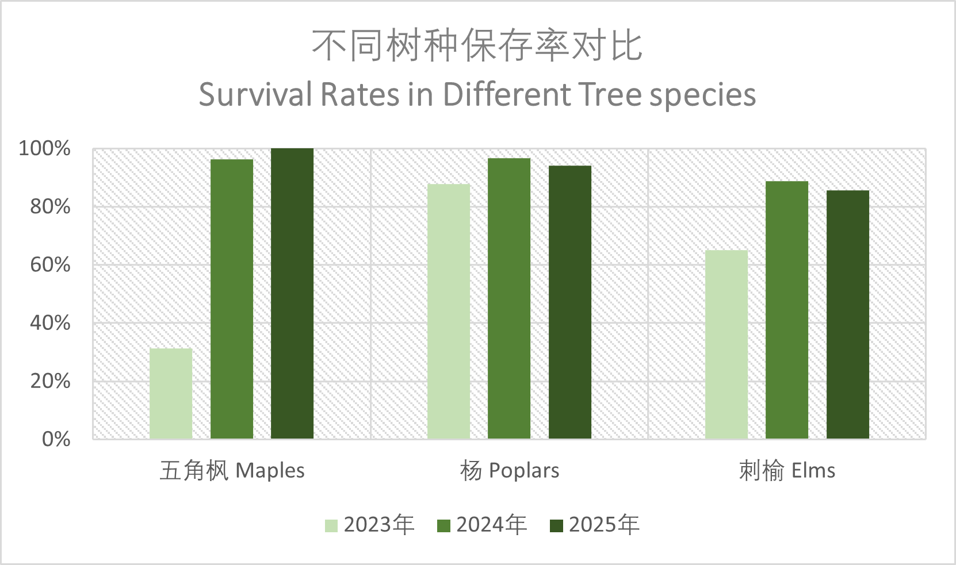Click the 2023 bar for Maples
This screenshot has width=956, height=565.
pyautogui.click(x=171, y=394)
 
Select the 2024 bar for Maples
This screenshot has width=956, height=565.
pyautogui.click(x=232, y=299)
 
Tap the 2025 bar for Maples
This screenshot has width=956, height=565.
pyautogui.click(x=292, y=293)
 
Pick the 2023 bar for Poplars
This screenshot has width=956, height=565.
pyautogui.click(x=449, y=312)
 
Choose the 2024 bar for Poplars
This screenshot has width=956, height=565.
pyautogui.click(x=509, y=299)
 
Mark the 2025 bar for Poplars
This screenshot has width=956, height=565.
pyautogui.click(x=570, y=302)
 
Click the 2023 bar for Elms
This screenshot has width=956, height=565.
pyautogui.click(x=726, y=345)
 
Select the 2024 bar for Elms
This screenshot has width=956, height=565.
pyautogui.click(x=787, y=310)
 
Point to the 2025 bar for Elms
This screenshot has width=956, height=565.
pyautogui.click(x=848, y=315)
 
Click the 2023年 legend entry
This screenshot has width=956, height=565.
pyautogui.click(x=370, y=525)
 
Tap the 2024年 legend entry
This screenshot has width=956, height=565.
pyautogui.click(x=482, y=525)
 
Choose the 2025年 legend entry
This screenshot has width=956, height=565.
pyautogui.click(x=595, y=525)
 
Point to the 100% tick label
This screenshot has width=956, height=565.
pyautogui.click(x=45, y=148)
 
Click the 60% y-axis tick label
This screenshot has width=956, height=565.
pyautogui.click(x=51, y=265)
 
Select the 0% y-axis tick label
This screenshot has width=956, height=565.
pyautogui.click(x=56, y=439)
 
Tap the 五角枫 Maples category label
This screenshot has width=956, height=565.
pyautogui.click(x=232, y=471)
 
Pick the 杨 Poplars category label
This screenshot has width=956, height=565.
pyautogui.click(x=510, y=471)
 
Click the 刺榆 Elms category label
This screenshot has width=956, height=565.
pyautogui.click(x=787, y=471)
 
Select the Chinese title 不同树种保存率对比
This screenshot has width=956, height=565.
pyautogui.click(x=477, y=46)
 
